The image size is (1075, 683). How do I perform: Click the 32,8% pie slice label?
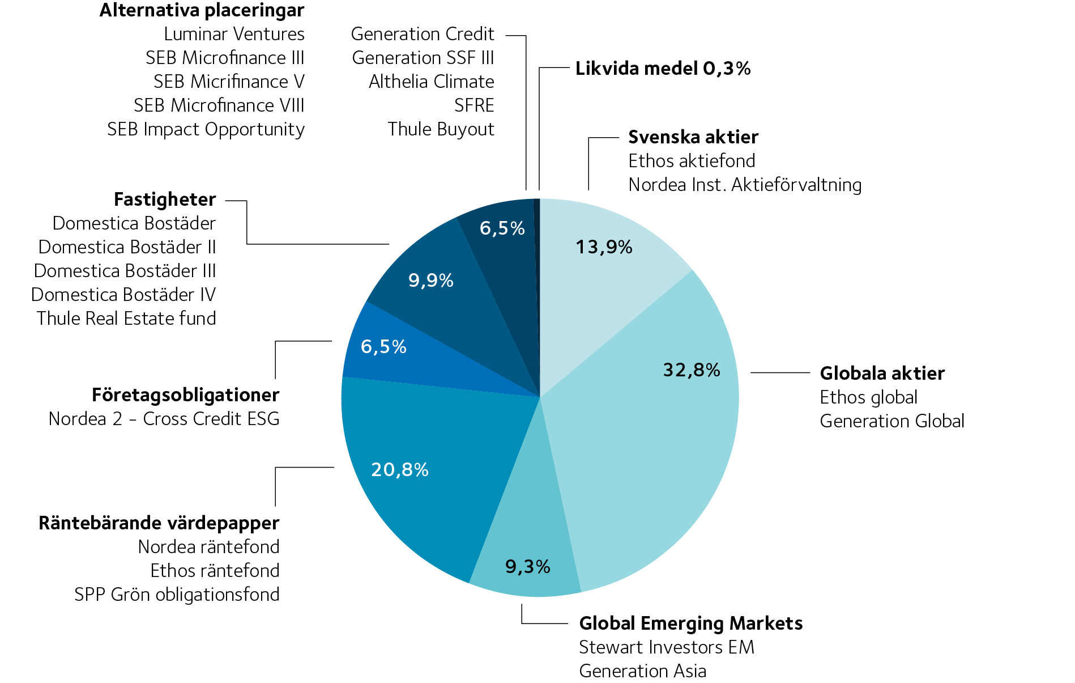click(x=691, y=370)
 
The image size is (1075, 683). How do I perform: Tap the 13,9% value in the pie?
click(x=604, y=247)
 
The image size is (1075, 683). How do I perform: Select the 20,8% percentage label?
click(x=399, y=470)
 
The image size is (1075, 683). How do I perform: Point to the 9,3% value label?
click(x=527, y=566)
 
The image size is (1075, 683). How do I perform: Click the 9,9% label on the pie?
click(x=430, y=281)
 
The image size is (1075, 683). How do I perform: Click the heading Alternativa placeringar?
click(x=202, y=10)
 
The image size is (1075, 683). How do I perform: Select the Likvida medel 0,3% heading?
click(x=663, y=69)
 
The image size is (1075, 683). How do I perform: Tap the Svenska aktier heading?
click(x=693, y=137)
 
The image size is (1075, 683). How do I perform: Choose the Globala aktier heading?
click(x=882, y=374)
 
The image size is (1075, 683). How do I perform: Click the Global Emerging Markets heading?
click(x=690, y=623)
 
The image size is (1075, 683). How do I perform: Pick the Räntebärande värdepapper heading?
click(x=159, y=523)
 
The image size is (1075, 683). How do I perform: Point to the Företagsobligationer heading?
click(x=185, y=395)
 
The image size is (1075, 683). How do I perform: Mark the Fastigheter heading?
click(x=164, y=200)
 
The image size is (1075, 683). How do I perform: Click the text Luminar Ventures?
click(x=234, y=34)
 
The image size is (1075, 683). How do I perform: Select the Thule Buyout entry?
click(x=441, y=129)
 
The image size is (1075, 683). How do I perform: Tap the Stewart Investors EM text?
click(x=666, y=647)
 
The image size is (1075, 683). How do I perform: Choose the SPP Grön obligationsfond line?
click(x=177, y=595)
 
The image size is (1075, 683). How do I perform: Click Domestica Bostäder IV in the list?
click(x=123, y=295)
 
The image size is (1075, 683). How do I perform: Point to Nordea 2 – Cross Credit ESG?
click(x=164, y=419)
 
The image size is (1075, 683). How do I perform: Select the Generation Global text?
click(x=891, y=421)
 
